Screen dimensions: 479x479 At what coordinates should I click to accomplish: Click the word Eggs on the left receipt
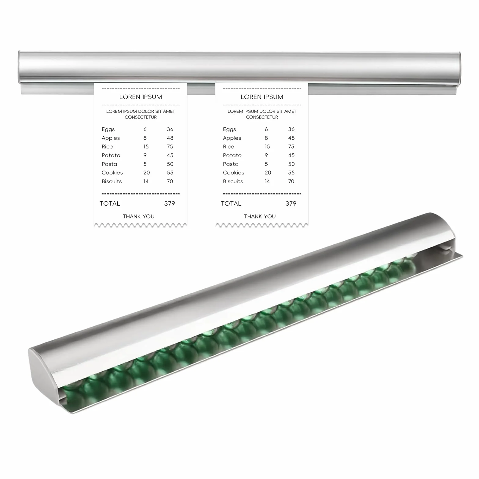click(x=108, y=130)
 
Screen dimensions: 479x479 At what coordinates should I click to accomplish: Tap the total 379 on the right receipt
click(x=291, y=203)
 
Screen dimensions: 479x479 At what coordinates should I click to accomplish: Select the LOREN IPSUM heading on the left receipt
click(x=141, y=97)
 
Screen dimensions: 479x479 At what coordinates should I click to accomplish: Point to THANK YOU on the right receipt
click(x=260, y=216)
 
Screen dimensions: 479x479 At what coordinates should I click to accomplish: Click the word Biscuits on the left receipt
click(x=112, y=181)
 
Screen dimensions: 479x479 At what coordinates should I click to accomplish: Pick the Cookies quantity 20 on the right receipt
click(x=268, y=173)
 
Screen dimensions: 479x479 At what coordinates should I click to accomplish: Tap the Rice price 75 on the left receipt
click(x=170, y=147)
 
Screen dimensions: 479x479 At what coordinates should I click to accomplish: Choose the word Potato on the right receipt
click(x=232, y=155)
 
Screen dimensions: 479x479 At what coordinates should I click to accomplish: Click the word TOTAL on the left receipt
click(x=110, y=203)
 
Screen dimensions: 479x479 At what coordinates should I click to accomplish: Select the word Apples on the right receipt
click(x=232, y=138)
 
